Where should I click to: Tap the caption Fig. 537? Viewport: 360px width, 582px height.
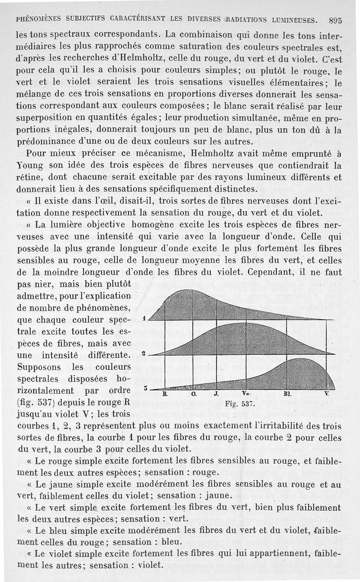point(237,403)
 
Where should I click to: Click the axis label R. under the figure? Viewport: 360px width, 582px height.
point(165,394)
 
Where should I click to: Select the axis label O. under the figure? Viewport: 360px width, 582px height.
point(193,394)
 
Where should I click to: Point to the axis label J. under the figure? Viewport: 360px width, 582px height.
point(216,394)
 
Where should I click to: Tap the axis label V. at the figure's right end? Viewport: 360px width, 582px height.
point(326,394)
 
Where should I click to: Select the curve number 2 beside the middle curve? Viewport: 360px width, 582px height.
point(143,354)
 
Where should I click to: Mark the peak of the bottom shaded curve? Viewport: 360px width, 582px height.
point(301,359)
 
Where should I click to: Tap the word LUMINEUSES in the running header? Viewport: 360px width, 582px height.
point(293,20)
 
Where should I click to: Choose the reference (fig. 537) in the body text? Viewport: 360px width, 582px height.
point(35,402)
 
